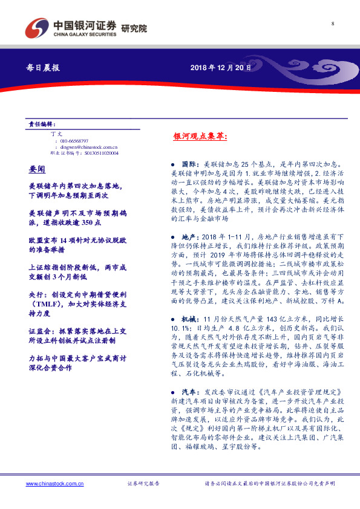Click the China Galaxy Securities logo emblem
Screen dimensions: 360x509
38,27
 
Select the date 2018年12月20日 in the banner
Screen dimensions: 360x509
217,68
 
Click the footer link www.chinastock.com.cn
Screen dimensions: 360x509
54,484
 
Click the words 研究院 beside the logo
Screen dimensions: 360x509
134,28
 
